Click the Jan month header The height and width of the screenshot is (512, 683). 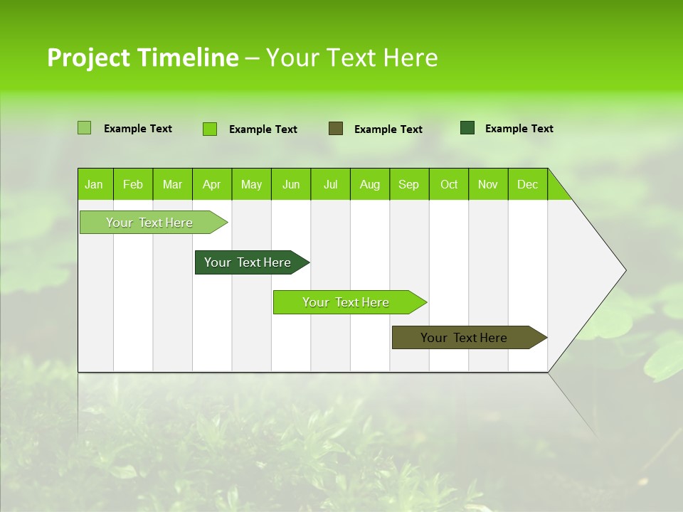[95, 184]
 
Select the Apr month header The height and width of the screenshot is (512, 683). [212, 184]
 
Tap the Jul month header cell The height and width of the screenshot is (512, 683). [330, 184]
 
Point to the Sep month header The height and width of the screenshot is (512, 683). [409, 184]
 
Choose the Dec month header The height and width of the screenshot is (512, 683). [527, 184]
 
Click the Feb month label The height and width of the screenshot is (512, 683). [133, 184]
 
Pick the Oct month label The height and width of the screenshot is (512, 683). [449, 184]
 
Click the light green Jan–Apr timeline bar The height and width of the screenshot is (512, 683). [149, 223]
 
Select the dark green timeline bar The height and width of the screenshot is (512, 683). [248, 262]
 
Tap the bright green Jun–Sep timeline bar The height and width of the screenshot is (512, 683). [346, 302]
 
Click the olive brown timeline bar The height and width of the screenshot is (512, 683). [465, 338]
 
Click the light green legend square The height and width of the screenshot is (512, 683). [84, 128]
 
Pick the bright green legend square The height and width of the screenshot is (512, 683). [209, 129]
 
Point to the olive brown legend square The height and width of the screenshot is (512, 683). [336, 128]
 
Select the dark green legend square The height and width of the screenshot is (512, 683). [467, 128]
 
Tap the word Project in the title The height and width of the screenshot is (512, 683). [88, 58]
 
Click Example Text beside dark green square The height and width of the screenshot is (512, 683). [519, 129]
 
